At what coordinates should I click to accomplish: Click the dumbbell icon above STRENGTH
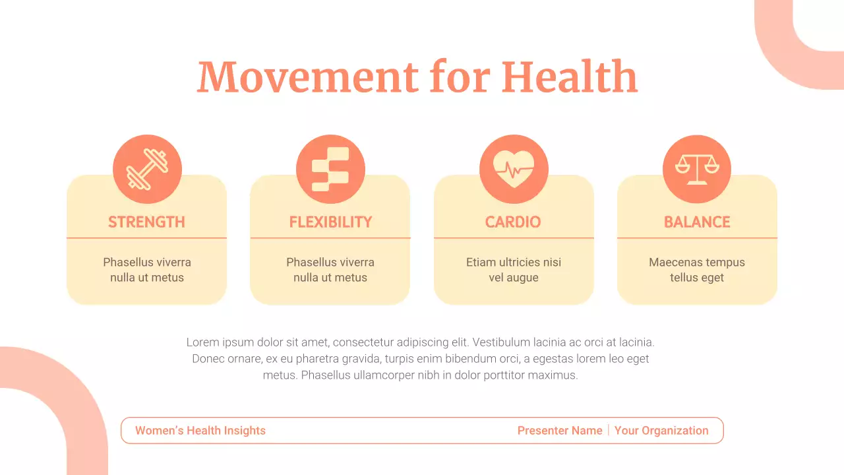pos(147,170)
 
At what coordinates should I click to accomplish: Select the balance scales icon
pos(697,170)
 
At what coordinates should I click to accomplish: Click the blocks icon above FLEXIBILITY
pos(330,170)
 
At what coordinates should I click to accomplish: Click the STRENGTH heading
pos(146,222)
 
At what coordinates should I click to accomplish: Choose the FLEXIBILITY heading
pos(330,222)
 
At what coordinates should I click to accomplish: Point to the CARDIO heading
pos(513,222)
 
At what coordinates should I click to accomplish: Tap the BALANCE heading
pos(697,222)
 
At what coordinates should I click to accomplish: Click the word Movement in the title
pos(307,77)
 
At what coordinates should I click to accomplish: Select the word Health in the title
pos(569,77)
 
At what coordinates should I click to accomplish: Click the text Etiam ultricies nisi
pos(514,262)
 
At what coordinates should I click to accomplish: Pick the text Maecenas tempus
pos(697,262)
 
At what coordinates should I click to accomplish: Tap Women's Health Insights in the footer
pos(200,431)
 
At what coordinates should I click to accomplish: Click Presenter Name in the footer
pos(560,431)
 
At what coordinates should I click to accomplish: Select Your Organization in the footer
pos(661,431)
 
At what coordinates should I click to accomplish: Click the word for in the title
pos(459,77)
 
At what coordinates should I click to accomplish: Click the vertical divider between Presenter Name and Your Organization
pos(609,431)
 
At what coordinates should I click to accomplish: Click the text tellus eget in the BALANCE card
pos(697,278)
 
